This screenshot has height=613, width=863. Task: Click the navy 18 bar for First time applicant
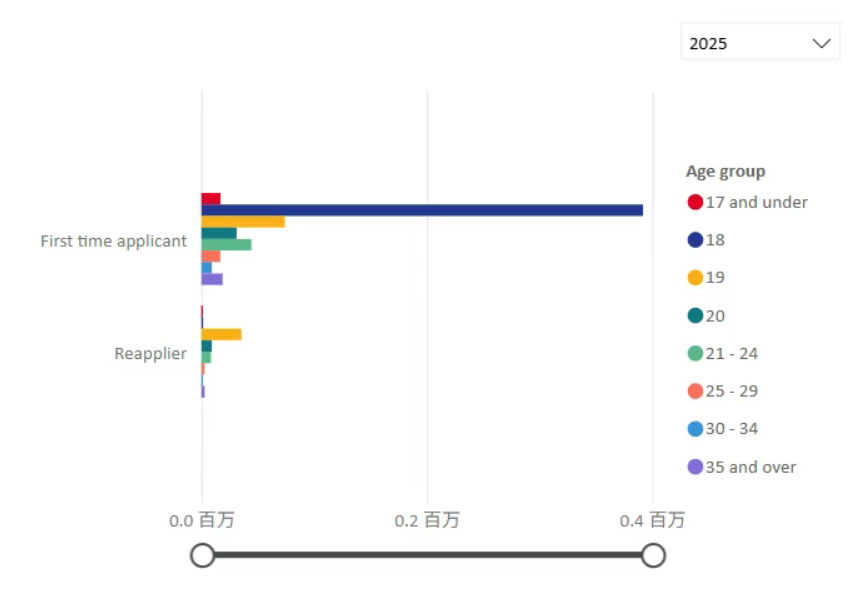421,210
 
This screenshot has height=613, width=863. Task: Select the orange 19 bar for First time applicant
243,222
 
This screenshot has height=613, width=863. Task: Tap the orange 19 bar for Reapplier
221,334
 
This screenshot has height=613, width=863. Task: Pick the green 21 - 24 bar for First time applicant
226,244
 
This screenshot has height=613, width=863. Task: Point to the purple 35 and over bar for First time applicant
212,279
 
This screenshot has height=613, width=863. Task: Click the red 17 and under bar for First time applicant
211,199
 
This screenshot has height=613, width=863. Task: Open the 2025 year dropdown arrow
821,43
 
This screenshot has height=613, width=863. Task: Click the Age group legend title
725,171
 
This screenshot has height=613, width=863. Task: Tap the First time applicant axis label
113,241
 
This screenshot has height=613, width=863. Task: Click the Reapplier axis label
150,353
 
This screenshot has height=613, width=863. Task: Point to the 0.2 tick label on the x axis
427,520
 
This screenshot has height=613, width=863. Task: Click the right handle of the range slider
653,555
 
